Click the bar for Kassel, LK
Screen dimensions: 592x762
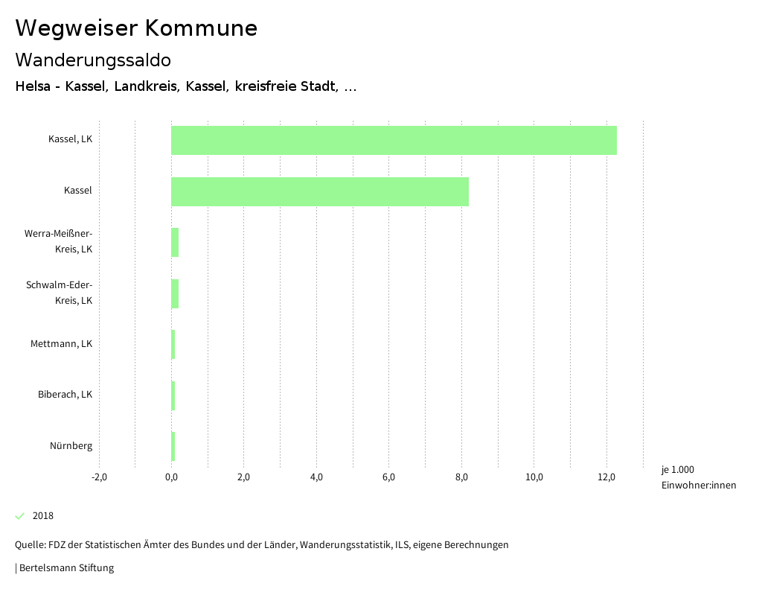pyautogui.click(x=394, y=140)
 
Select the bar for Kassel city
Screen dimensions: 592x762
pyautogui.click(x=320, y=191)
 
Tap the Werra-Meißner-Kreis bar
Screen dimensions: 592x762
pyautogui.click(x=175, y=242)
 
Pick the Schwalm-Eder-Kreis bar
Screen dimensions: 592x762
pyautogui.click(x=175, y=293)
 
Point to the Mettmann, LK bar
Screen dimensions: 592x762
pyautogui.click(x=173, y=344)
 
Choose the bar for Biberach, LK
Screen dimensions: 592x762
pyautogui.click(x=173, y=395)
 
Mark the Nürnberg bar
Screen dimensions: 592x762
pyautogui.click(x=173, y=446)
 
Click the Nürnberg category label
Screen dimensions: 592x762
pyautogui.click(x=71, y=446)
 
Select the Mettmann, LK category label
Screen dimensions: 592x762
pyautogui.click(x=61, y=344)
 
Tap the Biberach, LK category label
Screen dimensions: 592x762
pyautogui.click(x=65, y=395)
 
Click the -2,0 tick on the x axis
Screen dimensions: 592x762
pyautogui.click(x=99, y=477)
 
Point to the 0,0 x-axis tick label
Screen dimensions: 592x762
pyautogui.click(x=171, y=477)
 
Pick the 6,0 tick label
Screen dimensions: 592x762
pyautogui.click(x=388, y=477)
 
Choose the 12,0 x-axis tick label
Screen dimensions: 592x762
pyautogui.click(x=606, y=477)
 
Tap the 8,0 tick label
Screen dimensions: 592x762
pyautogui.click(x=461, y=477)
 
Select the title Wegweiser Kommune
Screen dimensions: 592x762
pyautogui.click(x=136, y=28)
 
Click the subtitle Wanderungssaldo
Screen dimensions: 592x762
pyautogui.click(x=93, y=60)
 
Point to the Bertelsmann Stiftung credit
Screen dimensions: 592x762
pyautogui.click(x=65, y=568)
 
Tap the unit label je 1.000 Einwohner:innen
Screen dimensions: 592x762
pyautogui.click(x=698, y=477)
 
